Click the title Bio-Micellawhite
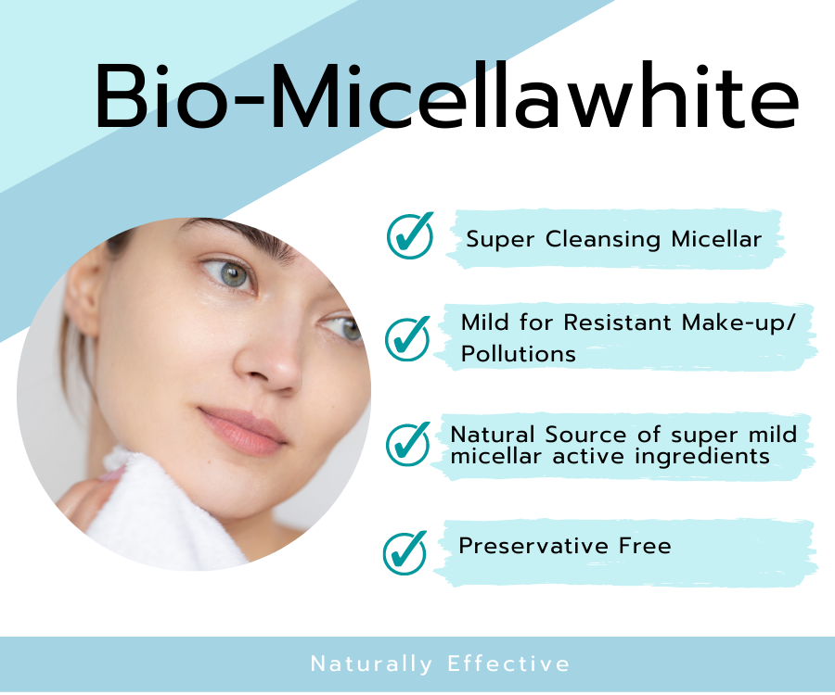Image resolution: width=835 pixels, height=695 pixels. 445,97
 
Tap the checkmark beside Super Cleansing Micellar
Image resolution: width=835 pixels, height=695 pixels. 409,235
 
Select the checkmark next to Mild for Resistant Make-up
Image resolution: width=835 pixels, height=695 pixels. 407,337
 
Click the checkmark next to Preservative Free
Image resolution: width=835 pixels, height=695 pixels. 405,552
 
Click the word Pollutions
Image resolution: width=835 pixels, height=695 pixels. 518,354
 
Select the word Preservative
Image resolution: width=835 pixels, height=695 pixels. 534,546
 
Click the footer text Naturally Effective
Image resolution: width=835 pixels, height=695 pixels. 440,663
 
